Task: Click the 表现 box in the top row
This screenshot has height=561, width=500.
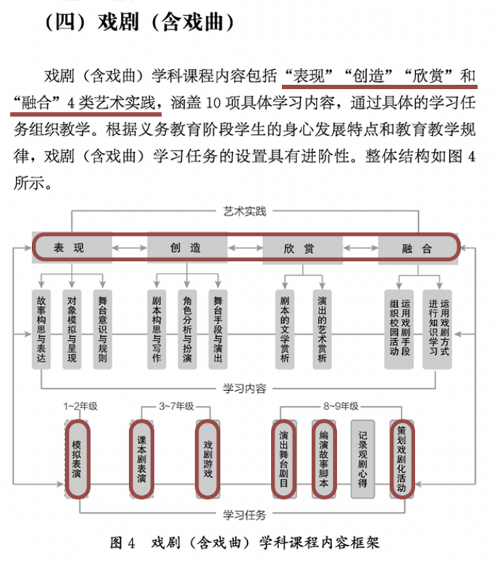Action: [x=72, y=247]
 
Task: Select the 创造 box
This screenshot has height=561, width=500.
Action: [x=187, y=247]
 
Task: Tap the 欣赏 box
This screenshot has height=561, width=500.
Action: [x=303, y=248]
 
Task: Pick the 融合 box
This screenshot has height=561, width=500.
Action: [x=418, y=248]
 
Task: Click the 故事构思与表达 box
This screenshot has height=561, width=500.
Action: [x=41, y=329]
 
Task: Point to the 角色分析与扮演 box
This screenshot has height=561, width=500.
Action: [x=187, y=329]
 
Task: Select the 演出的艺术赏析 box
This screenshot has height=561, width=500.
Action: [x=322, y=329]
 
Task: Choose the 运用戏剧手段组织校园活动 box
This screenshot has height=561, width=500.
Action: [x=399, y=329]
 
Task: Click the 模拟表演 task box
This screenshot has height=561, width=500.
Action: [x=77, y=459]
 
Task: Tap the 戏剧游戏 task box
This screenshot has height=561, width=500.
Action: [x=208, y=459]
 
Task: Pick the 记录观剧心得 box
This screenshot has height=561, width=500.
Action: [x=362, y=459]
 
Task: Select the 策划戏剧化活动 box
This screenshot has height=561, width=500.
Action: [x=401, y=459]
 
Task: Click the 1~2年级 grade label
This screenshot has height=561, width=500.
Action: [x=80, y=406]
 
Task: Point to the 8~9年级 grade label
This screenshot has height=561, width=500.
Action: [x=341, y=406]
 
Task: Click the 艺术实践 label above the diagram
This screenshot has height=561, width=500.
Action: [x=245, y=211]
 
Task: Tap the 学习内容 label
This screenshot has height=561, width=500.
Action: [x=245, y=388]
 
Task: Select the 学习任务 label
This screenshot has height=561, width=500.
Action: [x=245, y=515]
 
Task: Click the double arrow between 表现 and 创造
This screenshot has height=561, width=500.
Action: [x=130, y=248]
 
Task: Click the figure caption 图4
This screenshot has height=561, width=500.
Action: [x=123, y=543]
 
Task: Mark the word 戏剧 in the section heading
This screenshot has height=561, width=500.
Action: [x=118, y=22]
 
